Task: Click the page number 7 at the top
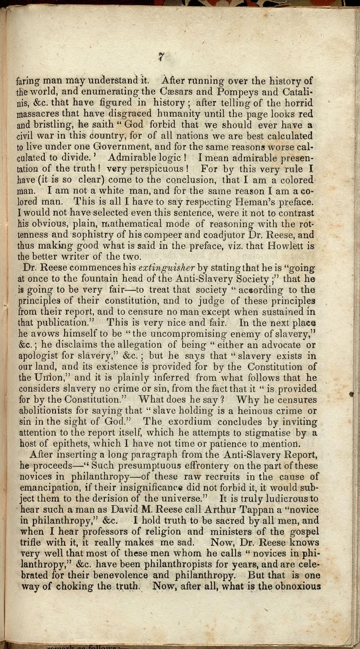click(161, 56)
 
